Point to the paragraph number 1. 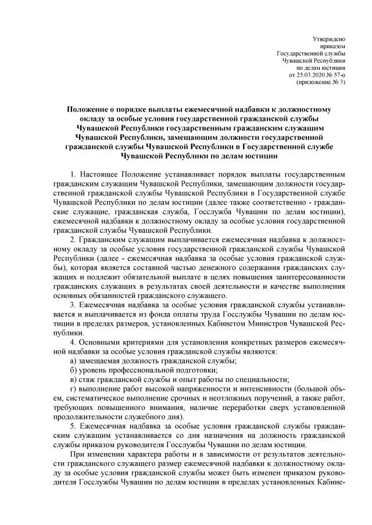(x=72, y=174)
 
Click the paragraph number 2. (x=72, y=239)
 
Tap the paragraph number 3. (x=72, y=305)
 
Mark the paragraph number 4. (x=72, y=343)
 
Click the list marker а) (x=73, y=361)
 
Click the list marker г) (x=72, y=389)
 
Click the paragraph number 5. (x=72, y=427)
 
